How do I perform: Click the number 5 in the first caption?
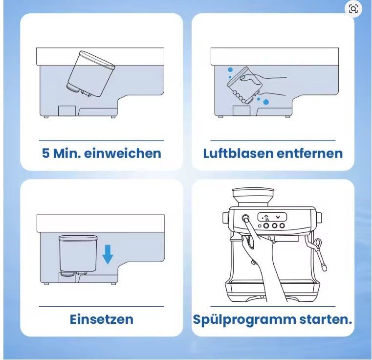pyautogui.click(x=46, y=153)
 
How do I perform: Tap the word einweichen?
pyautogui.click(x=123, y=153)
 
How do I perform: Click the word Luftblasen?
pyautogui.click(x=237, y=153)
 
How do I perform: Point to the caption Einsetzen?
pyautogui.click(x=102, y=319)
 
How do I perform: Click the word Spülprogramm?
pyautogui.click(x=243, y=320)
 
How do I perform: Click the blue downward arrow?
pyautogui.click(x=108, y=255)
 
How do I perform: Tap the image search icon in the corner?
pyautogui.click(x=353, y=9)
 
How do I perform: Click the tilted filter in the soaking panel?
pyautogui.click(x=91, y=74)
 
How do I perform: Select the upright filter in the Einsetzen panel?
pyautogui.click(x=78, y=255)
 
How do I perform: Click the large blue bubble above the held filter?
pyautogui.click(x=230, y=70)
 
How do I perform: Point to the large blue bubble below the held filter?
pyautogui.click(x=266, y=102)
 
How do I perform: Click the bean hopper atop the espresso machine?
pyautogui.click(x=253, y=197)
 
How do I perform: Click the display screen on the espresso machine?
pyautogui.click(x=272, y=217)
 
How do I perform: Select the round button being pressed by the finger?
pyautogui.click(x=245, y=218)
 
